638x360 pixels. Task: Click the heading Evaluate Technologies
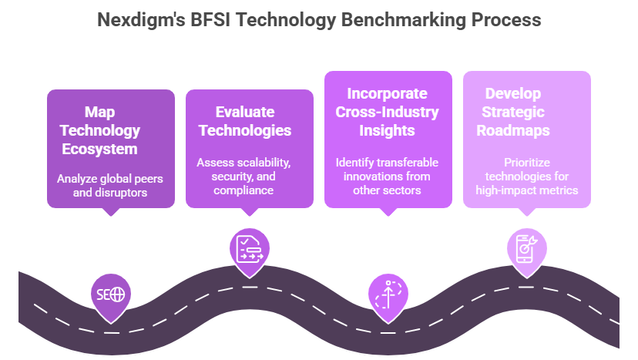tap(245, 121)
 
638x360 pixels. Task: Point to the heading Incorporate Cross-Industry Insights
tap(387, 112)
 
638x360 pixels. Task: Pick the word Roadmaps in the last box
tap(513, 130)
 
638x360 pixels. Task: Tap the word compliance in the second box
tap(245, 190)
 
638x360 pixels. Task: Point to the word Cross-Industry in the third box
tap(387, 112)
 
